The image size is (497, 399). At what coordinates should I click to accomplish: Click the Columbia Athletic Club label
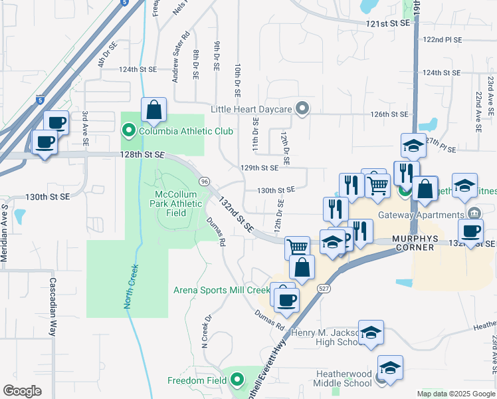pyautogui.click(x=185, y=131)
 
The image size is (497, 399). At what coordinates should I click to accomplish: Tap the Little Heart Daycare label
pyautogui.click(x=252, y=109)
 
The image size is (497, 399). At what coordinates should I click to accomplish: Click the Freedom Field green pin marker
pyautogui.click(x=237, y=381)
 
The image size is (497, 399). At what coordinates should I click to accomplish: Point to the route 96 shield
pyautogui.click(x=204, y=182)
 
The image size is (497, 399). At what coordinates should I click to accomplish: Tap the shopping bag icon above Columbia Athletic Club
pyautogui.click(x=153, y=110)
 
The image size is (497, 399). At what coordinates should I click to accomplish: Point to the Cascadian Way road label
pyautogui.click(x=53, y=306)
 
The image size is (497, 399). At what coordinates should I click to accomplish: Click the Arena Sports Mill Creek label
pyautogui.click(x=221, y=290)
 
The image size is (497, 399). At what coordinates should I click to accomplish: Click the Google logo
pyautogui.click(x=22, y=391)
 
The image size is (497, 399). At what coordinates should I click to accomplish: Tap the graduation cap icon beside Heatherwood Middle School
pyautogui.click(x=391, y=367)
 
